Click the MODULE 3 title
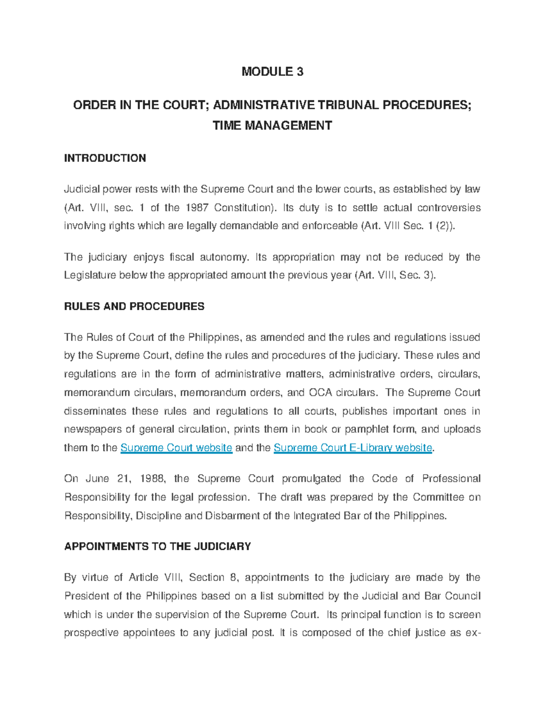click(x=272, y=71)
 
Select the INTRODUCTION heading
click(x=105, y=158)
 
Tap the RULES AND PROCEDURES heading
click(x=134, y=306)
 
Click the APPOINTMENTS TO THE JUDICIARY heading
click(x=158, y=546)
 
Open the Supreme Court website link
click(x=176, y=448)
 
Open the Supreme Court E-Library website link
click(x=353, y=448)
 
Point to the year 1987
click(x=197, y=208)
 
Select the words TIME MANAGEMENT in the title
click(x=272, y=125)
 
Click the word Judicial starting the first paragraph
click(x=82, y=189)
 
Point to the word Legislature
click(x=89, y=275)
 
